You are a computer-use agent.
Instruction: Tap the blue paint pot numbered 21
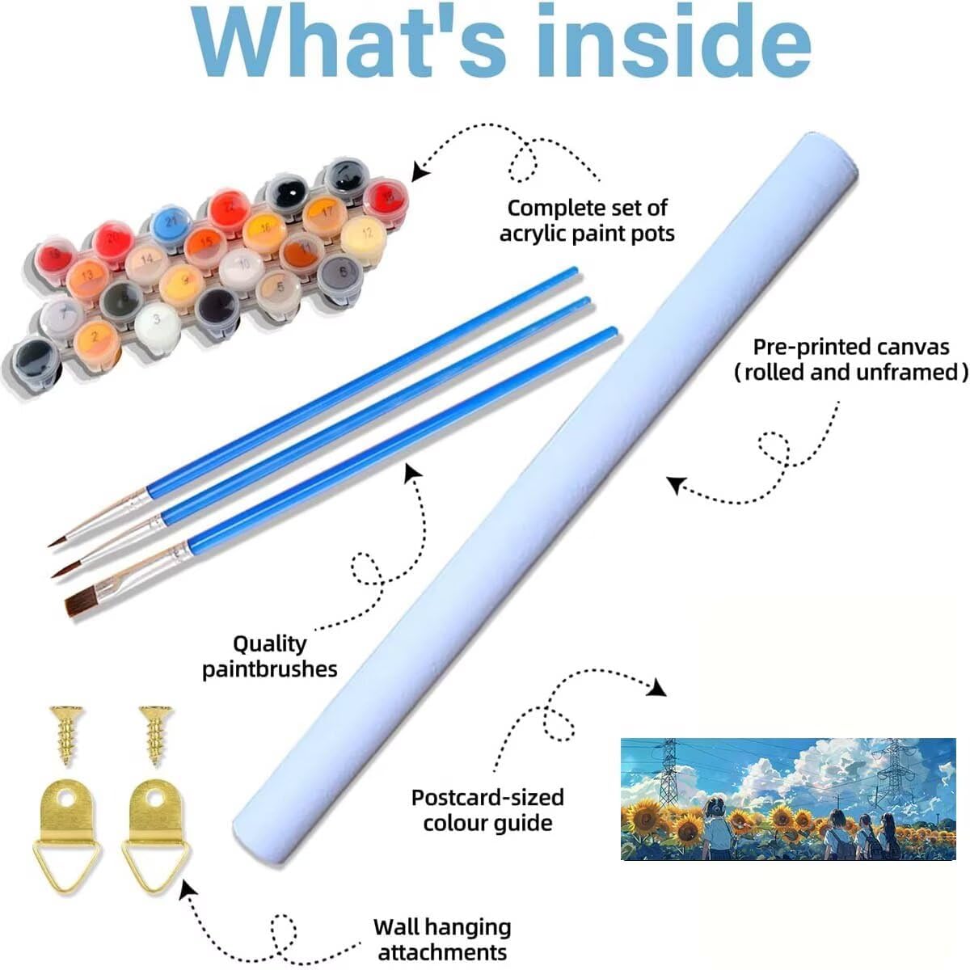tap(171, 221)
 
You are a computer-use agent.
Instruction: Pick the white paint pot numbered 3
tap(157, 320)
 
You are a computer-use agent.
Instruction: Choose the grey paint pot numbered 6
tap(342, 273)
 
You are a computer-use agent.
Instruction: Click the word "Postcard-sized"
tap(487, 798)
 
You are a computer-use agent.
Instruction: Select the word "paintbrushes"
tap(270, 669)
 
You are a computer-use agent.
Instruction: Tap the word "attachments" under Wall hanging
tap(442, 951)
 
